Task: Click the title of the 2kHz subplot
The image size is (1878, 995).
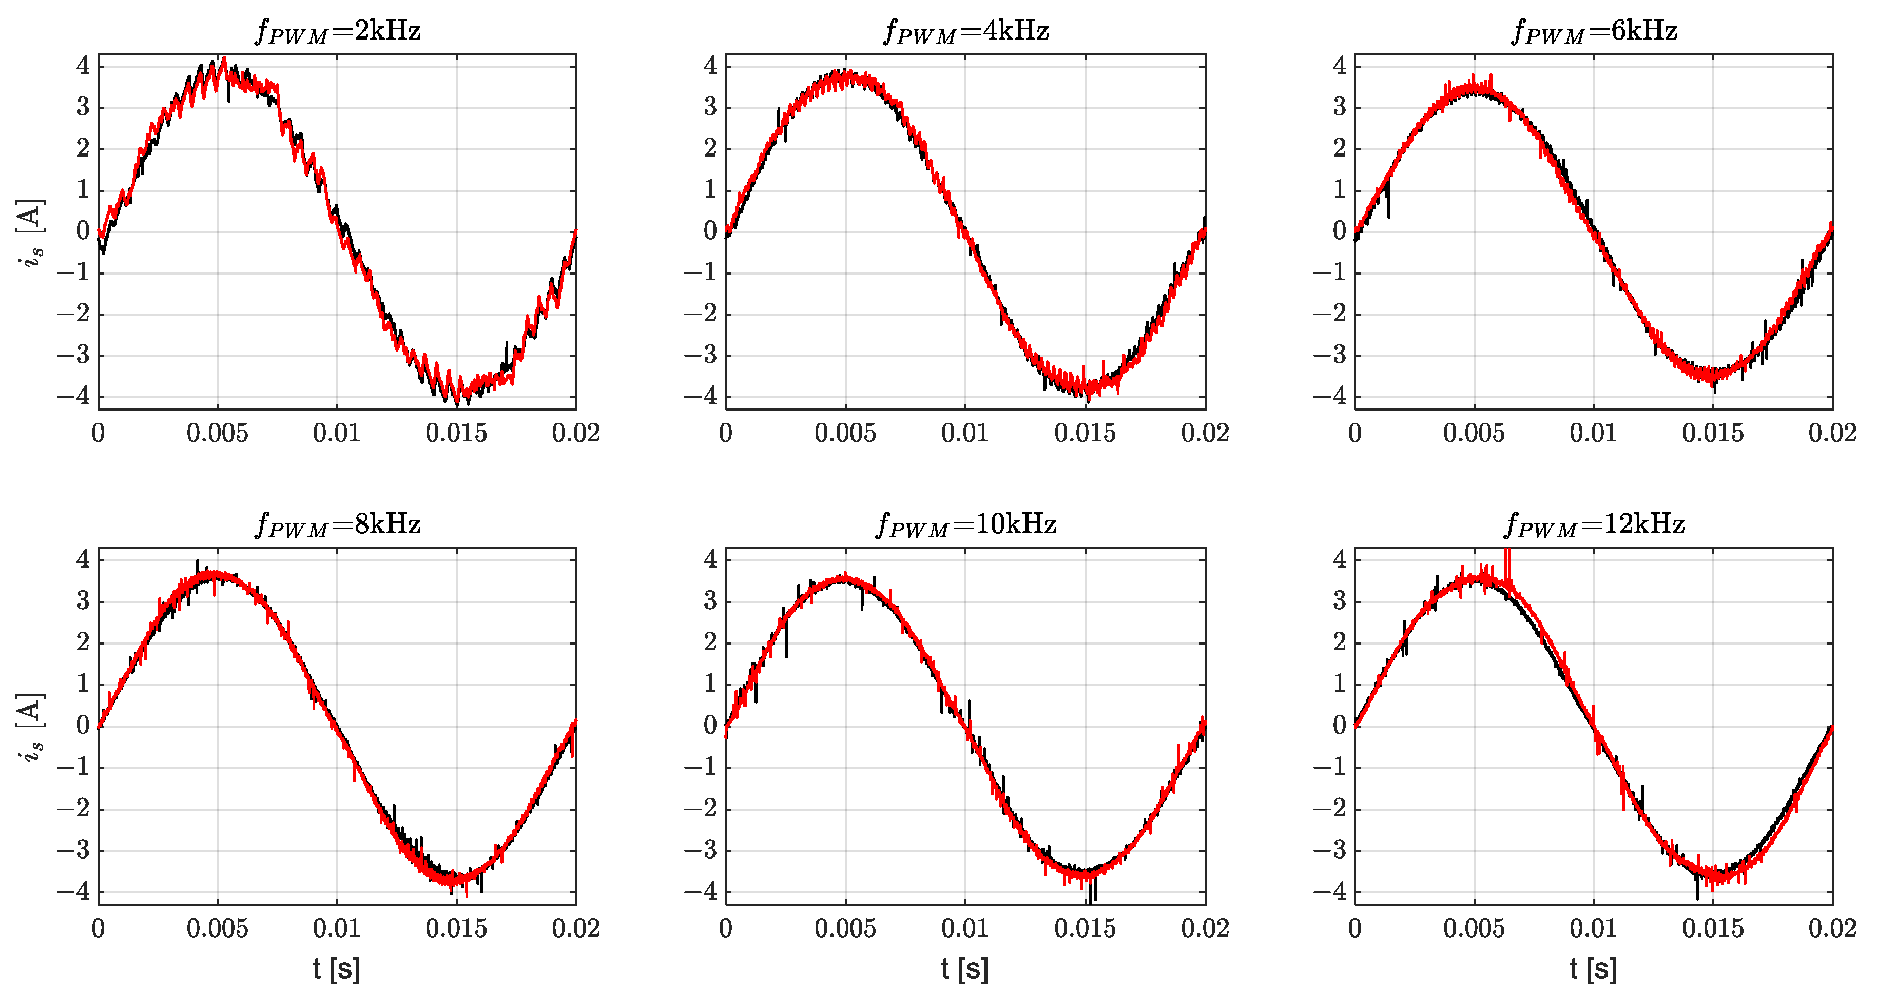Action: click(338, 31)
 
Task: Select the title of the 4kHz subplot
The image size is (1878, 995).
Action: click(966, 31)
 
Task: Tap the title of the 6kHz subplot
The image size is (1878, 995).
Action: click(1594, 31)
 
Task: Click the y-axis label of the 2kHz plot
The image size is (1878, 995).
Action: click(31, 232)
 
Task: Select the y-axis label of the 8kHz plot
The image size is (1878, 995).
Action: click(31, 727)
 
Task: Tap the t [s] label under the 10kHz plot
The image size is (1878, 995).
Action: click(964, 969)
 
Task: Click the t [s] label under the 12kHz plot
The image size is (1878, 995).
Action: click(1593, 969)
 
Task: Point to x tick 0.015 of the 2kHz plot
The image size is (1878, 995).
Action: click(456, 433)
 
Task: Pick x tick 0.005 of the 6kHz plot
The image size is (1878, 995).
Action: click(1474, 433)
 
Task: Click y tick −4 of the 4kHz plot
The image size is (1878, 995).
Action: click(701, 397)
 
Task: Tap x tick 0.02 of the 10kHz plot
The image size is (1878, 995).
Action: click(1205, 928)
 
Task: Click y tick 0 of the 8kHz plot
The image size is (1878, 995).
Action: click(83, 725)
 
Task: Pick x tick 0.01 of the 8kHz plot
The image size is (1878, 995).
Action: click(337, 928)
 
